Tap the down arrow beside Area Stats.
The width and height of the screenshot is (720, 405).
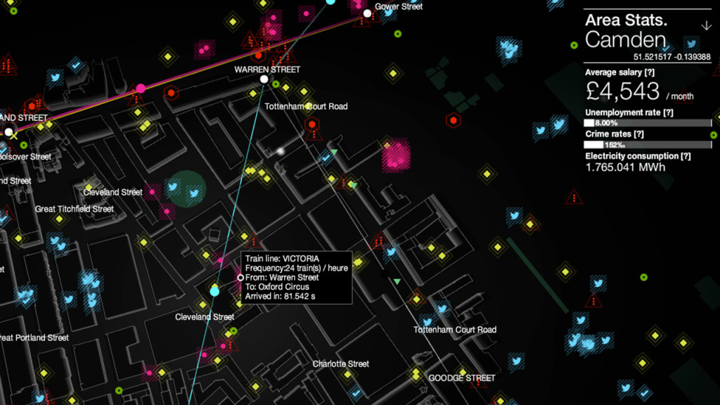(707, 26)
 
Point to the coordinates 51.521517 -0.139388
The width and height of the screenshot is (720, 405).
(671, 57)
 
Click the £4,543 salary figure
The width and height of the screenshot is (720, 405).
(622, 91)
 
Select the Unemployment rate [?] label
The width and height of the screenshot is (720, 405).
(629, 112)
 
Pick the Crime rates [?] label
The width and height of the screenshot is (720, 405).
(616, 134)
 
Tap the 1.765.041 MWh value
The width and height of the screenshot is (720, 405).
(625, 167)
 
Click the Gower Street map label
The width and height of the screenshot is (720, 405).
(399, 6)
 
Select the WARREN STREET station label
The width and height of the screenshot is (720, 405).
(267, 70)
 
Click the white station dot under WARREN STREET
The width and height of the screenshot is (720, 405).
(264, 79)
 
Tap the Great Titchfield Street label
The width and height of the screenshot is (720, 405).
(74, 209)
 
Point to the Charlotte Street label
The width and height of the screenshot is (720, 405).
(341, 364)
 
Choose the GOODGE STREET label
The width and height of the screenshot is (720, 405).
(462, 378)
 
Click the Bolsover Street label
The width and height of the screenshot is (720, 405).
(25, 156)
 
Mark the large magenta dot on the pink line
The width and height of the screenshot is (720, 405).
(141, 88)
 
